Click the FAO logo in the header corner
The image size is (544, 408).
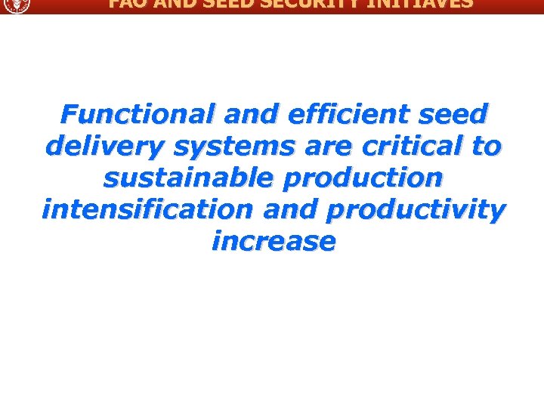click(x=15, y=5)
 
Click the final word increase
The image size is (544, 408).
click(x=273, y=242)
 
